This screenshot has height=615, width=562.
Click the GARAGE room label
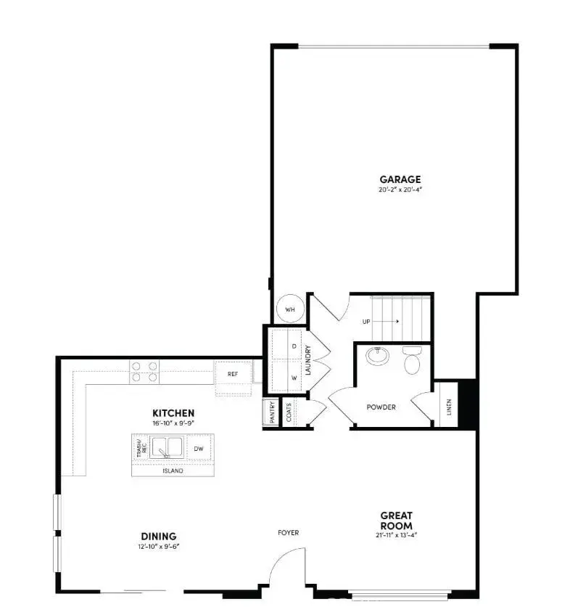point(400,179)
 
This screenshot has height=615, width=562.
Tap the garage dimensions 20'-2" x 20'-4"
point(400,190)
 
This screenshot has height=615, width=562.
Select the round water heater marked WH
point(290,309)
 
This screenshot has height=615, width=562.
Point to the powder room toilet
point(412,360)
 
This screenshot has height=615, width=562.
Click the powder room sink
point(377,357)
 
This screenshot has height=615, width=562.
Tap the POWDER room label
point(381,407)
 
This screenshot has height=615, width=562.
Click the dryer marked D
point(294,346)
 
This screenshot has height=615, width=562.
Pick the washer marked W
point(294,378)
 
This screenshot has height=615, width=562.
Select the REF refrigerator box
point(233,374)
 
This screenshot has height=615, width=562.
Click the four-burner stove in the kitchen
point(144,371)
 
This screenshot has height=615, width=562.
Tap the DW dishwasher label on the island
point(198,449)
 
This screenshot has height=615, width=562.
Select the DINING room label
point(158,537)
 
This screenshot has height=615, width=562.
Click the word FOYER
point(288,533)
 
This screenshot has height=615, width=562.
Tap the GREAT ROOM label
point(396,521)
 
